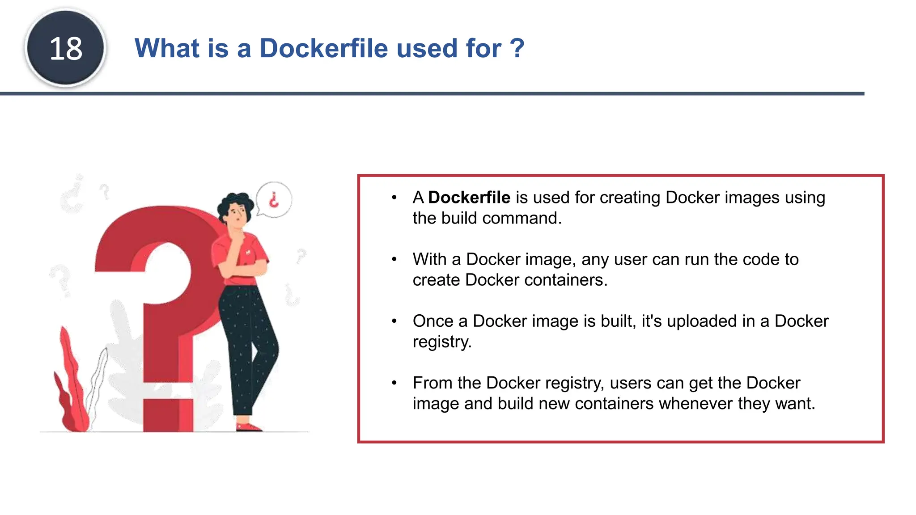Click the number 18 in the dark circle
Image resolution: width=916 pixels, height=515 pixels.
pyautogui.click(x=66, y=48)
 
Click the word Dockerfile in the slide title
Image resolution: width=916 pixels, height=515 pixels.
pyautogui.click(x=324, y=48)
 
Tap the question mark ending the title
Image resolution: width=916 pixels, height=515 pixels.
pyautogui.click(x=517, y=48)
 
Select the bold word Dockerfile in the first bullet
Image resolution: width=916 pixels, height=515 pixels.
pyautogui.click(x=469, y=198)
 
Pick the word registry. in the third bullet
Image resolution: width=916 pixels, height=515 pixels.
pyautogui.click(x=442, y=342)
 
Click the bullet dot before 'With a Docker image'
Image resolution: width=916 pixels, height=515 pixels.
pyautogui.click(x=394, y=259)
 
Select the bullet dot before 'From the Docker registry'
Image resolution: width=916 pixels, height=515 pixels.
pyautogui.click(x=394, y=383)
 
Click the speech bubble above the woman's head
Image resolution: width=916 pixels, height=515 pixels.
pyautogui.click(x=274, y=199)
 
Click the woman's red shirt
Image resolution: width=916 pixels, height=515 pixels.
pyautogui.click(x=242, y=259)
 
